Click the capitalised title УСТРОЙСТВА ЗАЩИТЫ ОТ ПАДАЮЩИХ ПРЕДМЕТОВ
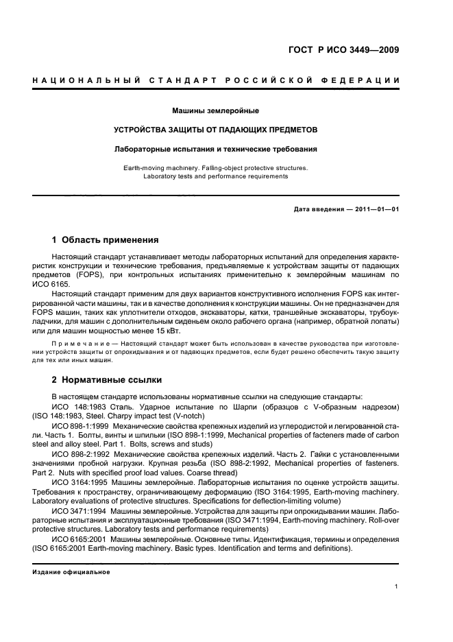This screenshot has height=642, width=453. pyautogui.click(x=216, y=129)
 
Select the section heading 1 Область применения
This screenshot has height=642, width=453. pyautogui.click(x=106, y=240)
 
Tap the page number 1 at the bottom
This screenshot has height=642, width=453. pyautogui.click(x=397, y=587)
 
